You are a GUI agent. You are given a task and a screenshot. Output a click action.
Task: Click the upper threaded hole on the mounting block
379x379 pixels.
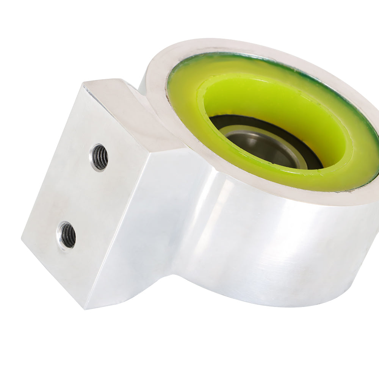(x=99, y=157)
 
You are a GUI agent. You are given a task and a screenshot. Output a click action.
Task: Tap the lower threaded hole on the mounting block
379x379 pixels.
(x=67, y=235)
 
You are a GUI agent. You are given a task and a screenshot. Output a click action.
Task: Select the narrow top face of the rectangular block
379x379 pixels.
(x=125, y=110)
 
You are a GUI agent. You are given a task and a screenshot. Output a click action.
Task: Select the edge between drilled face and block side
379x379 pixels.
(x=117, y=227)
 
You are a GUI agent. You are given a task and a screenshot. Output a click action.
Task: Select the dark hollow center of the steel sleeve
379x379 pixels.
(x=265, y=152)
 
